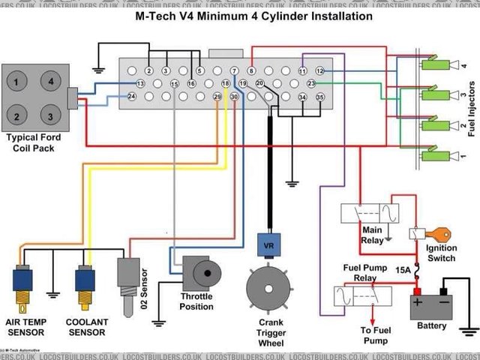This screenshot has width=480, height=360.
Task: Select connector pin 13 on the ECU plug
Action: [x=140, y=83]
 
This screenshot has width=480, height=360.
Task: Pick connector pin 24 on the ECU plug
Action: [x=131, y=97]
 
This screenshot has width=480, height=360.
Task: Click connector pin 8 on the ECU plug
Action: [x=252, y=70]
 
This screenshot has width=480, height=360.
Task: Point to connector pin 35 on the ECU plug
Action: [x=320, y=97]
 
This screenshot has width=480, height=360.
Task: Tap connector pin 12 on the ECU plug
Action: [x=319, y=70]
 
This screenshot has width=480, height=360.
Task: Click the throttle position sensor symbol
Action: [x=200, y=272]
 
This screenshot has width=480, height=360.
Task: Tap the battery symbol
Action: [x=433, y=306]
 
